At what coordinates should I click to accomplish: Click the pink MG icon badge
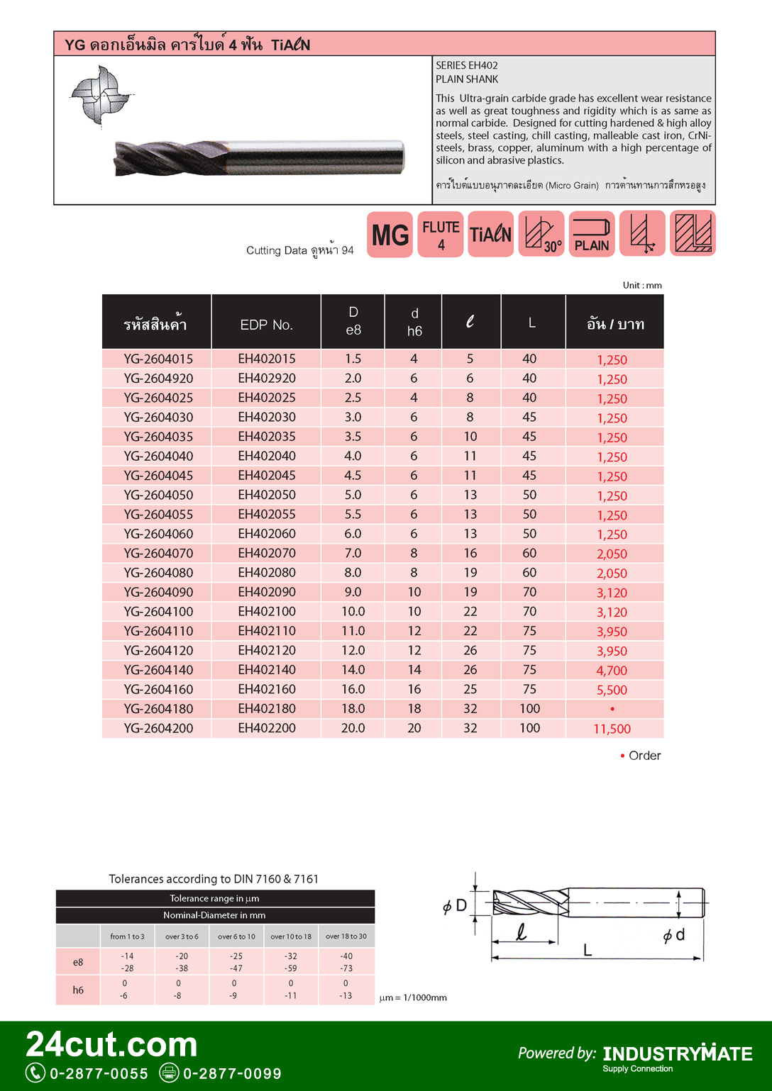click(390, 235)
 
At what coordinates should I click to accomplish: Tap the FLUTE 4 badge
click(441, 235)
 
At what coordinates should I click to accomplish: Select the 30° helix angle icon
click(541, 235)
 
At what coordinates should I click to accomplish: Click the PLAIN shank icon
click(592, 235)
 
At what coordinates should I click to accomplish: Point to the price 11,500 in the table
click(612, 729)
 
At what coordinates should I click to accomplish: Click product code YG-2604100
click(158, 611)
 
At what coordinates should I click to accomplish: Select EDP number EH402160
click(267, 689)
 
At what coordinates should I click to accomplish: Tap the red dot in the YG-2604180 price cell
click(612, 709)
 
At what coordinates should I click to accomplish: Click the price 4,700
click(612, 671)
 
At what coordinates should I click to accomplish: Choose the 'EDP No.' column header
click(266, 325)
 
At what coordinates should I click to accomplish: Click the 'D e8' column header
click(353, 321)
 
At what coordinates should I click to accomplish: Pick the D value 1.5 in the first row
click(353, 359)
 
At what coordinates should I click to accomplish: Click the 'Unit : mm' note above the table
click(642, 285)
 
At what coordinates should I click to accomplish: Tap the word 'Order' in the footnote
click(644, 756)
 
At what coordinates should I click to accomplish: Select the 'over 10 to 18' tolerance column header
click(291, 936)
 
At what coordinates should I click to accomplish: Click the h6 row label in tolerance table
click(78, 990)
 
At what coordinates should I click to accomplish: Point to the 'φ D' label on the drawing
click(454, 905)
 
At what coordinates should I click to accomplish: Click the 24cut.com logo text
click(112, 1044)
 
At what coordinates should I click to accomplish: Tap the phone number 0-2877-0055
click(99, 1073)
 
